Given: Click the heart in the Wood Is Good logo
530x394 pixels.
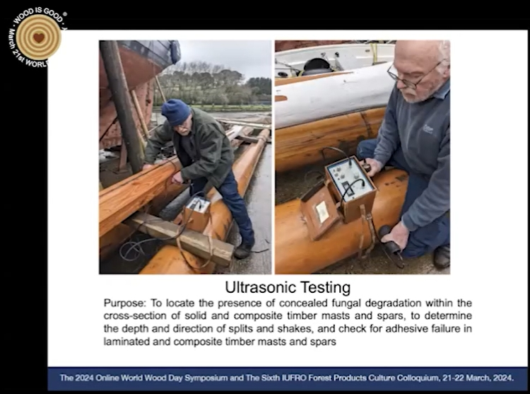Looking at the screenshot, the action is click(39, 37).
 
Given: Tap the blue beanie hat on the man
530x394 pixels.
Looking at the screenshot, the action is click(176, 112).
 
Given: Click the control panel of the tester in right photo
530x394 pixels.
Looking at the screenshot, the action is click(350, 179).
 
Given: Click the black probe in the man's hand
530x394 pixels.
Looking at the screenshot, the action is click(389, 241).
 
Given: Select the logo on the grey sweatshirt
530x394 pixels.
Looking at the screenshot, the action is click(428, 129).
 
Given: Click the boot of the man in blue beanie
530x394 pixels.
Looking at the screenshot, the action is click(242, 250).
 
